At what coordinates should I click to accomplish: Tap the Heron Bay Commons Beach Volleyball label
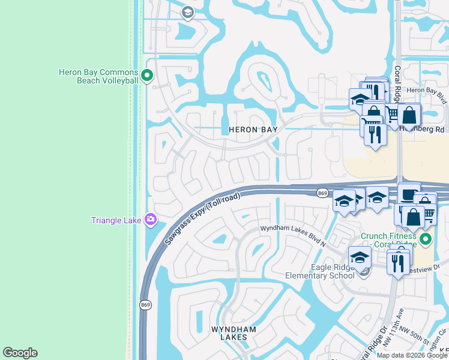98,76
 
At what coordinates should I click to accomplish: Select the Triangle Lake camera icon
151,220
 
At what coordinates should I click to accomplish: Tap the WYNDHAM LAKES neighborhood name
234,333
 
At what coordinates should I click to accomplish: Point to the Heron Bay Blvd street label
427,90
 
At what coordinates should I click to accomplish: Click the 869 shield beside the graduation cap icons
322,193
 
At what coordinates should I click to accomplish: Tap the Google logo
20,353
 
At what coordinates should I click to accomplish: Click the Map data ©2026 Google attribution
412,355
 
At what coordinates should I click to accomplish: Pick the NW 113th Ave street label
403,336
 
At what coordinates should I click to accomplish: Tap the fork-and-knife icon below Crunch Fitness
398,262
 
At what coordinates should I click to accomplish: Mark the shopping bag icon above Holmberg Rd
409,113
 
